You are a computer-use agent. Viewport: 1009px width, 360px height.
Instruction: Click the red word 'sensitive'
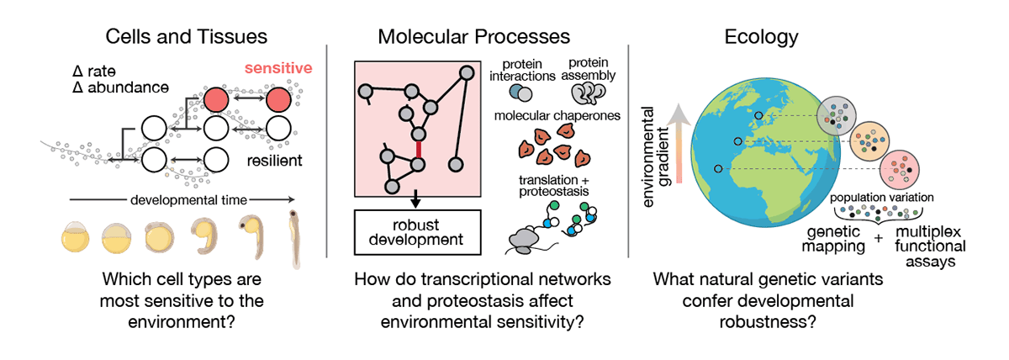point(278,68)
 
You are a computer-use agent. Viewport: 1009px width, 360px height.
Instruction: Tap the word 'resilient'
point(274,161)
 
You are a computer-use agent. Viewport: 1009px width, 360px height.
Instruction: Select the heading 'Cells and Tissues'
point(186,36)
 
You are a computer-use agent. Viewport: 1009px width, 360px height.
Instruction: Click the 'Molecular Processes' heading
point(473,36)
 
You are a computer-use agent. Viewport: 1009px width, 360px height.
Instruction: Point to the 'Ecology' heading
point(761,37)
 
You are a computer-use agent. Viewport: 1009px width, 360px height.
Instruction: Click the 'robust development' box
point(418,232)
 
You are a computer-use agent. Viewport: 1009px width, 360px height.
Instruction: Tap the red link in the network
point(419,149)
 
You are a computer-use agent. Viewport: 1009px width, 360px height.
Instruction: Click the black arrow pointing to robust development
point(415,199)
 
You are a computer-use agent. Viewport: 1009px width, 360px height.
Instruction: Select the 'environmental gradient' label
point(655,156)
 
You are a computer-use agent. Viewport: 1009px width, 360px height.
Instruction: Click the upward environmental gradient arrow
point(679,143)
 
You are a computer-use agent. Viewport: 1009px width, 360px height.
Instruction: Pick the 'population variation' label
point(881,198)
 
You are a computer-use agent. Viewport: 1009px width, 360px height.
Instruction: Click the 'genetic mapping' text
point(833,239)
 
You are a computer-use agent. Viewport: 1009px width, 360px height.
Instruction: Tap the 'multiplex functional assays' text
point(930,246)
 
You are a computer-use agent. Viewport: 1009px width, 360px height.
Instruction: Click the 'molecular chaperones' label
point(557,116)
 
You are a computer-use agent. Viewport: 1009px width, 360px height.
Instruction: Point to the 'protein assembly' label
point(589,69)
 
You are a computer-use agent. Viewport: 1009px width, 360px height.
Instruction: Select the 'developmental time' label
point(188,199)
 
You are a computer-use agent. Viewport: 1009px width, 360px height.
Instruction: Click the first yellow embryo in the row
point(75,236)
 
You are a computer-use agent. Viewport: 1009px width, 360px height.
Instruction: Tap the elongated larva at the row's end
point(294,239)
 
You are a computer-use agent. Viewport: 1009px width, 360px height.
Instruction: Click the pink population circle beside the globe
point(900,170)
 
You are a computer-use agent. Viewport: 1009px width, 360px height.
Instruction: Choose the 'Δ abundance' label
point(120,87)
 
